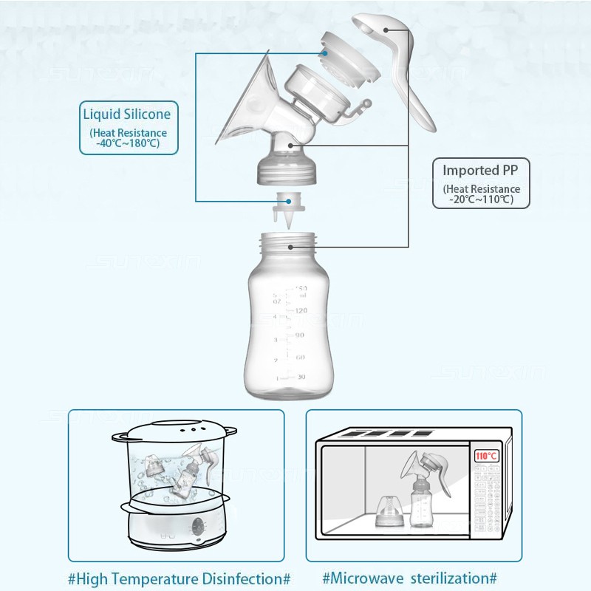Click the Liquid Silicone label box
click(x=129, y=127)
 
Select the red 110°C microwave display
click(x=486, y=456)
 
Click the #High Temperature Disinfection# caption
click(x=180, y=577)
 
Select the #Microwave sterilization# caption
click(x=409, y=577)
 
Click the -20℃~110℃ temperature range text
click(x=481, y=199)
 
